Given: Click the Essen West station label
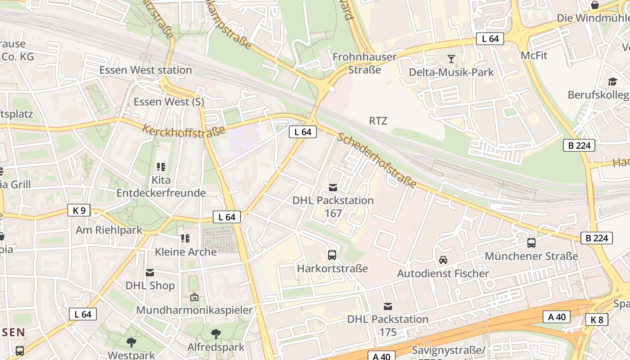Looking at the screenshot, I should [x=145, y=70].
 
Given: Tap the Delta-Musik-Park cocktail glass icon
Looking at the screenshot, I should [x=451, y=58].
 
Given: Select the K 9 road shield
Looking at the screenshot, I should [x=79, y=210].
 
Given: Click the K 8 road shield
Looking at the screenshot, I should [x=597, y=319].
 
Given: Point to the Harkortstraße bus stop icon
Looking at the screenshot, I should [x=332, y=255].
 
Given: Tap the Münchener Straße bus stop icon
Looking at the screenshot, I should [x=531, y=243].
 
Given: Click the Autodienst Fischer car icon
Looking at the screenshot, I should [x=443, y=260].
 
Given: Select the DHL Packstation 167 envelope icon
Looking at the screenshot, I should [x=333, y=187].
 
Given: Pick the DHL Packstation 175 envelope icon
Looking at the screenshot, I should [x=387, y=306].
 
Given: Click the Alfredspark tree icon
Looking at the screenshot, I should [x=216, y=333].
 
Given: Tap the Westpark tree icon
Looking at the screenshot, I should [x=131, y=342].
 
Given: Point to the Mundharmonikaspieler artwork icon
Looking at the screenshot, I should [x=194, y=297].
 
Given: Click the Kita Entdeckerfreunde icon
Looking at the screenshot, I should [x=161, y=167].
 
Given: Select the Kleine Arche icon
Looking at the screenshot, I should [x=185, y=238].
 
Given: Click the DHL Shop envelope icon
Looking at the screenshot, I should [x=150, y=272].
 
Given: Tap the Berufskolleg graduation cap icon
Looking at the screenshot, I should [x=612, y=81].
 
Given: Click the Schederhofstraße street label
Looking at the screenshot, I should [x=376, y=160].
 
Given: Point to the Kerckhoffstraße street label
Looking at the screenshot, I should [x=184, y=130].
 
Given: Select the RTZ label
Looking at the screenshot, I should [x=378, y=121].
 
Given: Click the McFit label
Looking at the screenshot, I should [x=534, y=55].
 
